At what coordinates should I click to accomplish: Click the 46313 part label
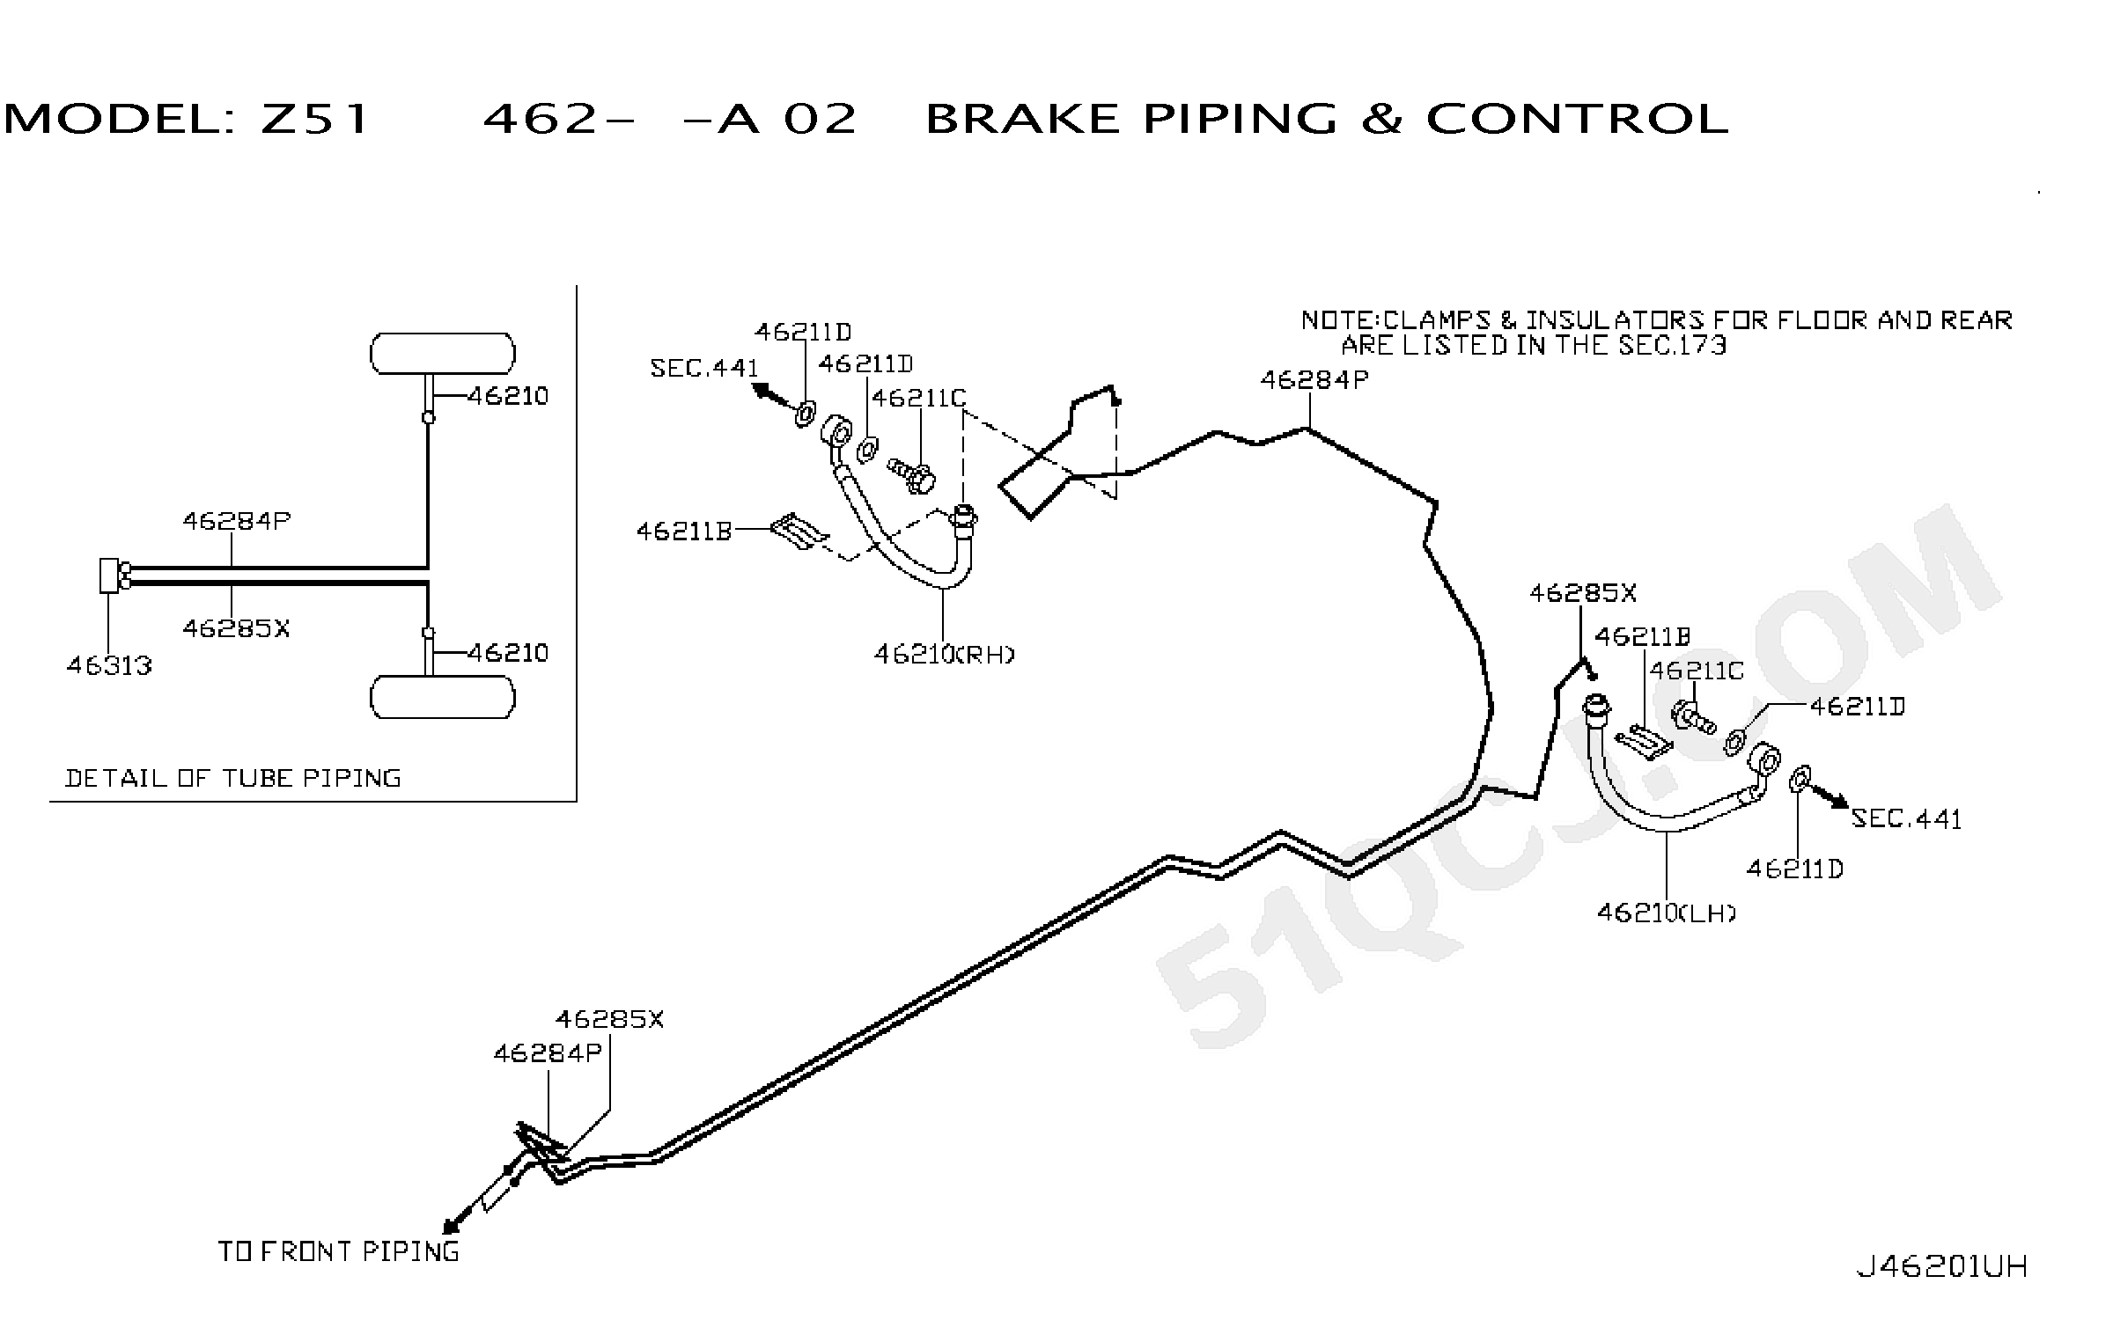[x=109, y=665]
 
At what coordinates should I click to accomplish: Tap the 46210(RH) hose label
[x=944, y=654]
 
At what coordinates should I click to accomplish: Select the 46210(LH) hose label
[x=1667, y=913]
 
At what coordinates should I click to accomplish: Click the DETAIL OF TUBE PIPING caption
[x=233, y=778]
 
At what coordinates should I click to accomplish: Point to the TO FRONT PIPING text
[x=339, y=1251]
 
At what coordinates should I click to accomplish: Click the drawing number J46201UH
[x=1942, y=1266]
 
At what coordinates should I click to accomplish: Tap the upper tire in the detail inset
[x=443, y=354]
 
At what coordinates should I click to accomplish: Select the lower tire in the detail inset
[x=443, y=697]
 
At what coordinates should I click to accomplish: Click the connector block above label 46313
[x=110, y=576]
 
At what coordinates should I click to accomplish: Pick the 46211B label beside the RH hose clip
[x=684, y=531]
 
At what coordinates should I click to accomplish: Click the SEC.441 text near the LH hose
[x=1907, y=819]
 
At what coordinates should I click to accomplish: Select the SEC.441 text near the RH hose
[x=704, y=368]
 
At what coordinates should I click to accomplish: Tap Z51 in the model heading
[x=313, y=119]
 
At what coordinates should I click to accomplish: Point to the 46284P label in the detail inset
[x=236, y=521]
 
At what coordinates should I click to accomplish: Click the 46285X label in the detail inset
[x=236, y=628]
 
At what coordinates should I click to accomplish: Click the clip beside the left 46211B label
[x=799, y=532]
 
